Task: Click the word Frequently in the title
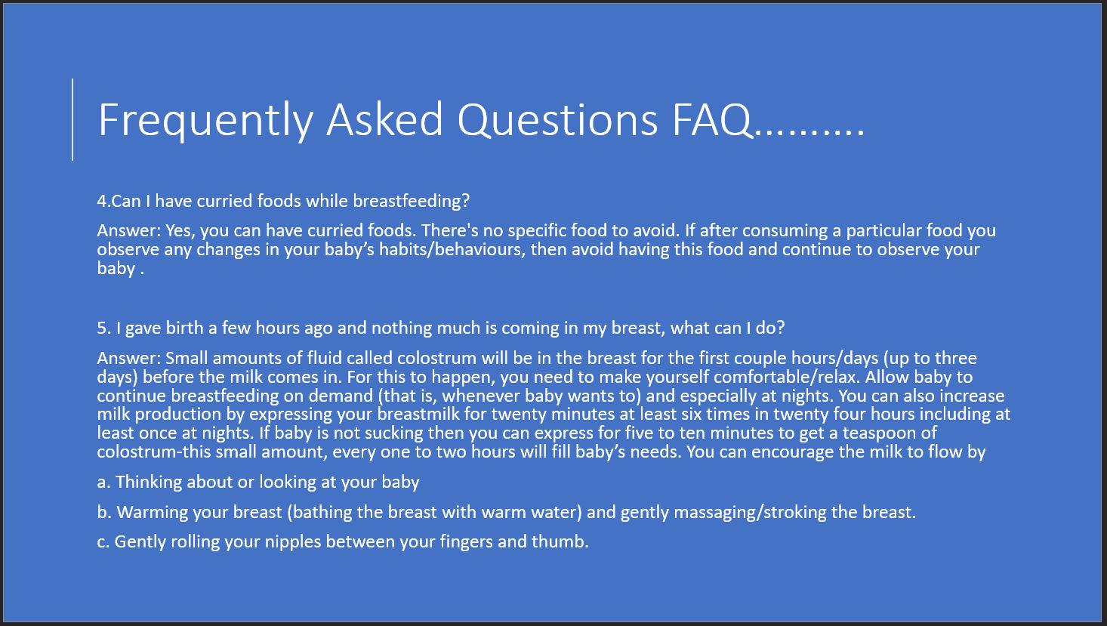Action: click(206, 120)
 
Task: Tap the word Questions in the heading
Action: click(557, 120)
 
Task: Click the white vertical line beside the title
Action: click(72, 119)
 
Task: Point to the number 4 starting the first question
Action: click(102, 201)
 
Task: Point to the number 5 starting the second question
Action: click(102, 328)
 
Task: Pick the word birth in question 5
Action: click(185, 328)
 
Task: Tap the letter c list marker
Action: click(103, 542)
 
